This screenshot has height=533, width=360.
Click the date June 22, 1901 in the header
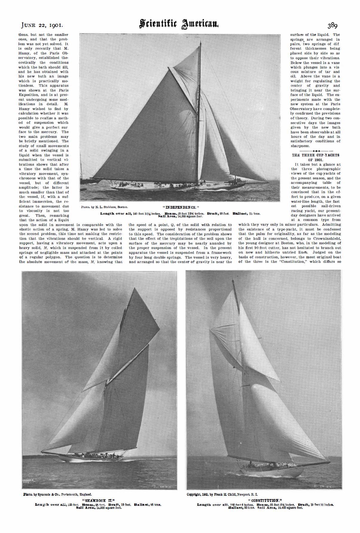[42, 25]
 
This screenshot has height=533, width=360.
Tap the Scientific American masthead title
[180, 24]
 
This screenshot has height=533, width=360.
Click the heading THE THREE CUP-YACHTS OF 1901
[315, 157]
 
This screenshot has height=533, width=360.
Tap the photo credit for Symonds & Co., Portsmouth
[57, 494]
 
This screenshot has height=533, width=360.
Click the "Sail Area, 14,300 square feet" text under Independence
[181, 216]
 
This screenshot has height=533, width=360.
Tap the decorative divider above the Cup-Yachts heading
[315, 151]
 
